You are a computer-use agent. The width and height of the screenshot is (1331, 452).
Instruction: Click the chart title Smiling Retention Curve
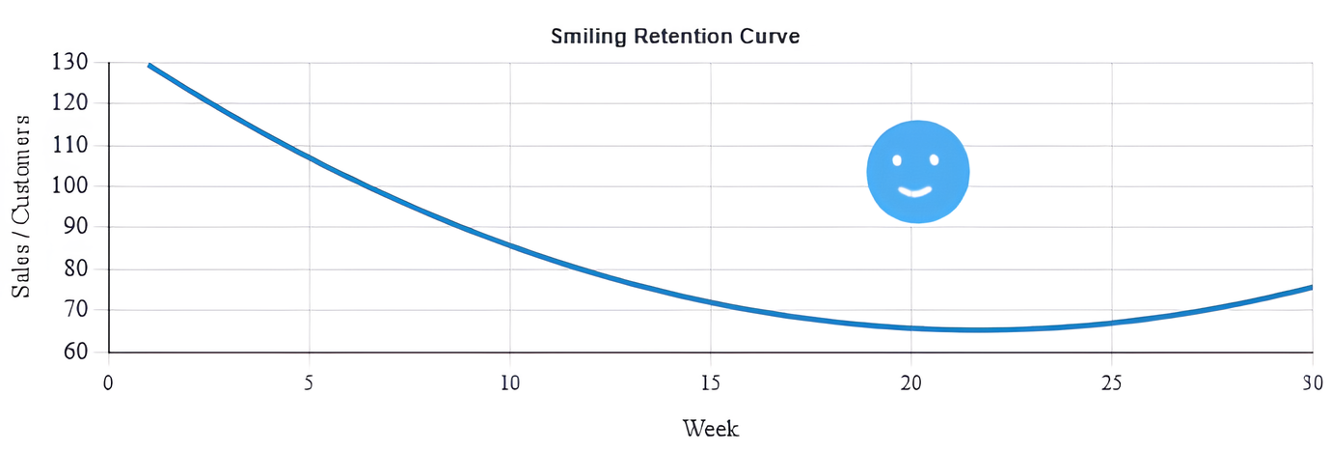675,37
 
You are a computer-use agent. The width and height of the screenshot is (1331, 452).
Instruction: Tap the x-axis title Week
711,428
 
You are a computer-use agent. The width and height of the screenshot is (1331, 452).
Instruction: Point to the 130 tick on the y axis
69,62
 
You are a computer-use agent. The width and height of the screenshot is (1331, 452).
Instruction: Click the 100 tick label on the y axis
69,185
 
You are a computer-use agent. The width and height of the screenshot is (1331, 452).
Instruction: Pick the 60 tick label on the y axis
75,352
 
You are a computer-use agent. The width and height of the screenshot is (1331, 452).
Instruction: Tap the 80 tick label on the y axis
75,269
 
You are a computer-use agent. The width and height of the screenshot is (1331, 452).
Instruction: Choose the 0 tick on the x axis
109,382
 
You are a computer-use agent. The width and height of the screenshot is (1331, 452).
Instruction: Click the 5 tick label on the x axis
310,382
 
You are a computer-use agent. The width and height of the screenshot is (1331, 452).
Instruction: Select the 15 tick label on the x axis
711,382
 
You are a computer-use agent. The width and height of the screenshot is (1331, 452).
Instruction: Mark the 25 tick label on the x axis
1112,382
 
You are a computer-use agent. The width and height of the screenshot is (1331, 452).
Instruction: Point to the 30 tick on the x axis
1312,382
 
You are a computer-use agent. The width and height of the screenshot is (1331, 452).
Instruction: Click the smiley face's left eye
897,160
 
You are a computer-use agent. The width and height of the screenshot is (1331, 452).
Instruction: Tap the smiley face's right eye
934,159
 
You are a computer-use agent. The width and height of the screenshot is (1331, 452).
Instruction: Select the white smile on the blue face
915,190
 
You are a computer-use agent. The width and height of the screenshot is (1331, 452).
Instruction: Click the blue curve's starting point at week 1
149,66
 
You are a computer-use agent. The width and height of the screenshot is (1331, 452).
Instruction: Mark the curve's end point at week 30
1311,287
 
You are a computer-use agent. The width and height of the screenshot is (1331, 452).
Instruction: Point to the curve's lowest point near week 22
979,329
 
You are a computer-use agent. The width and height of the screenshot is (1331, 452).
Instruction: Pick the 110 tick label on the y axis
69,145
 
